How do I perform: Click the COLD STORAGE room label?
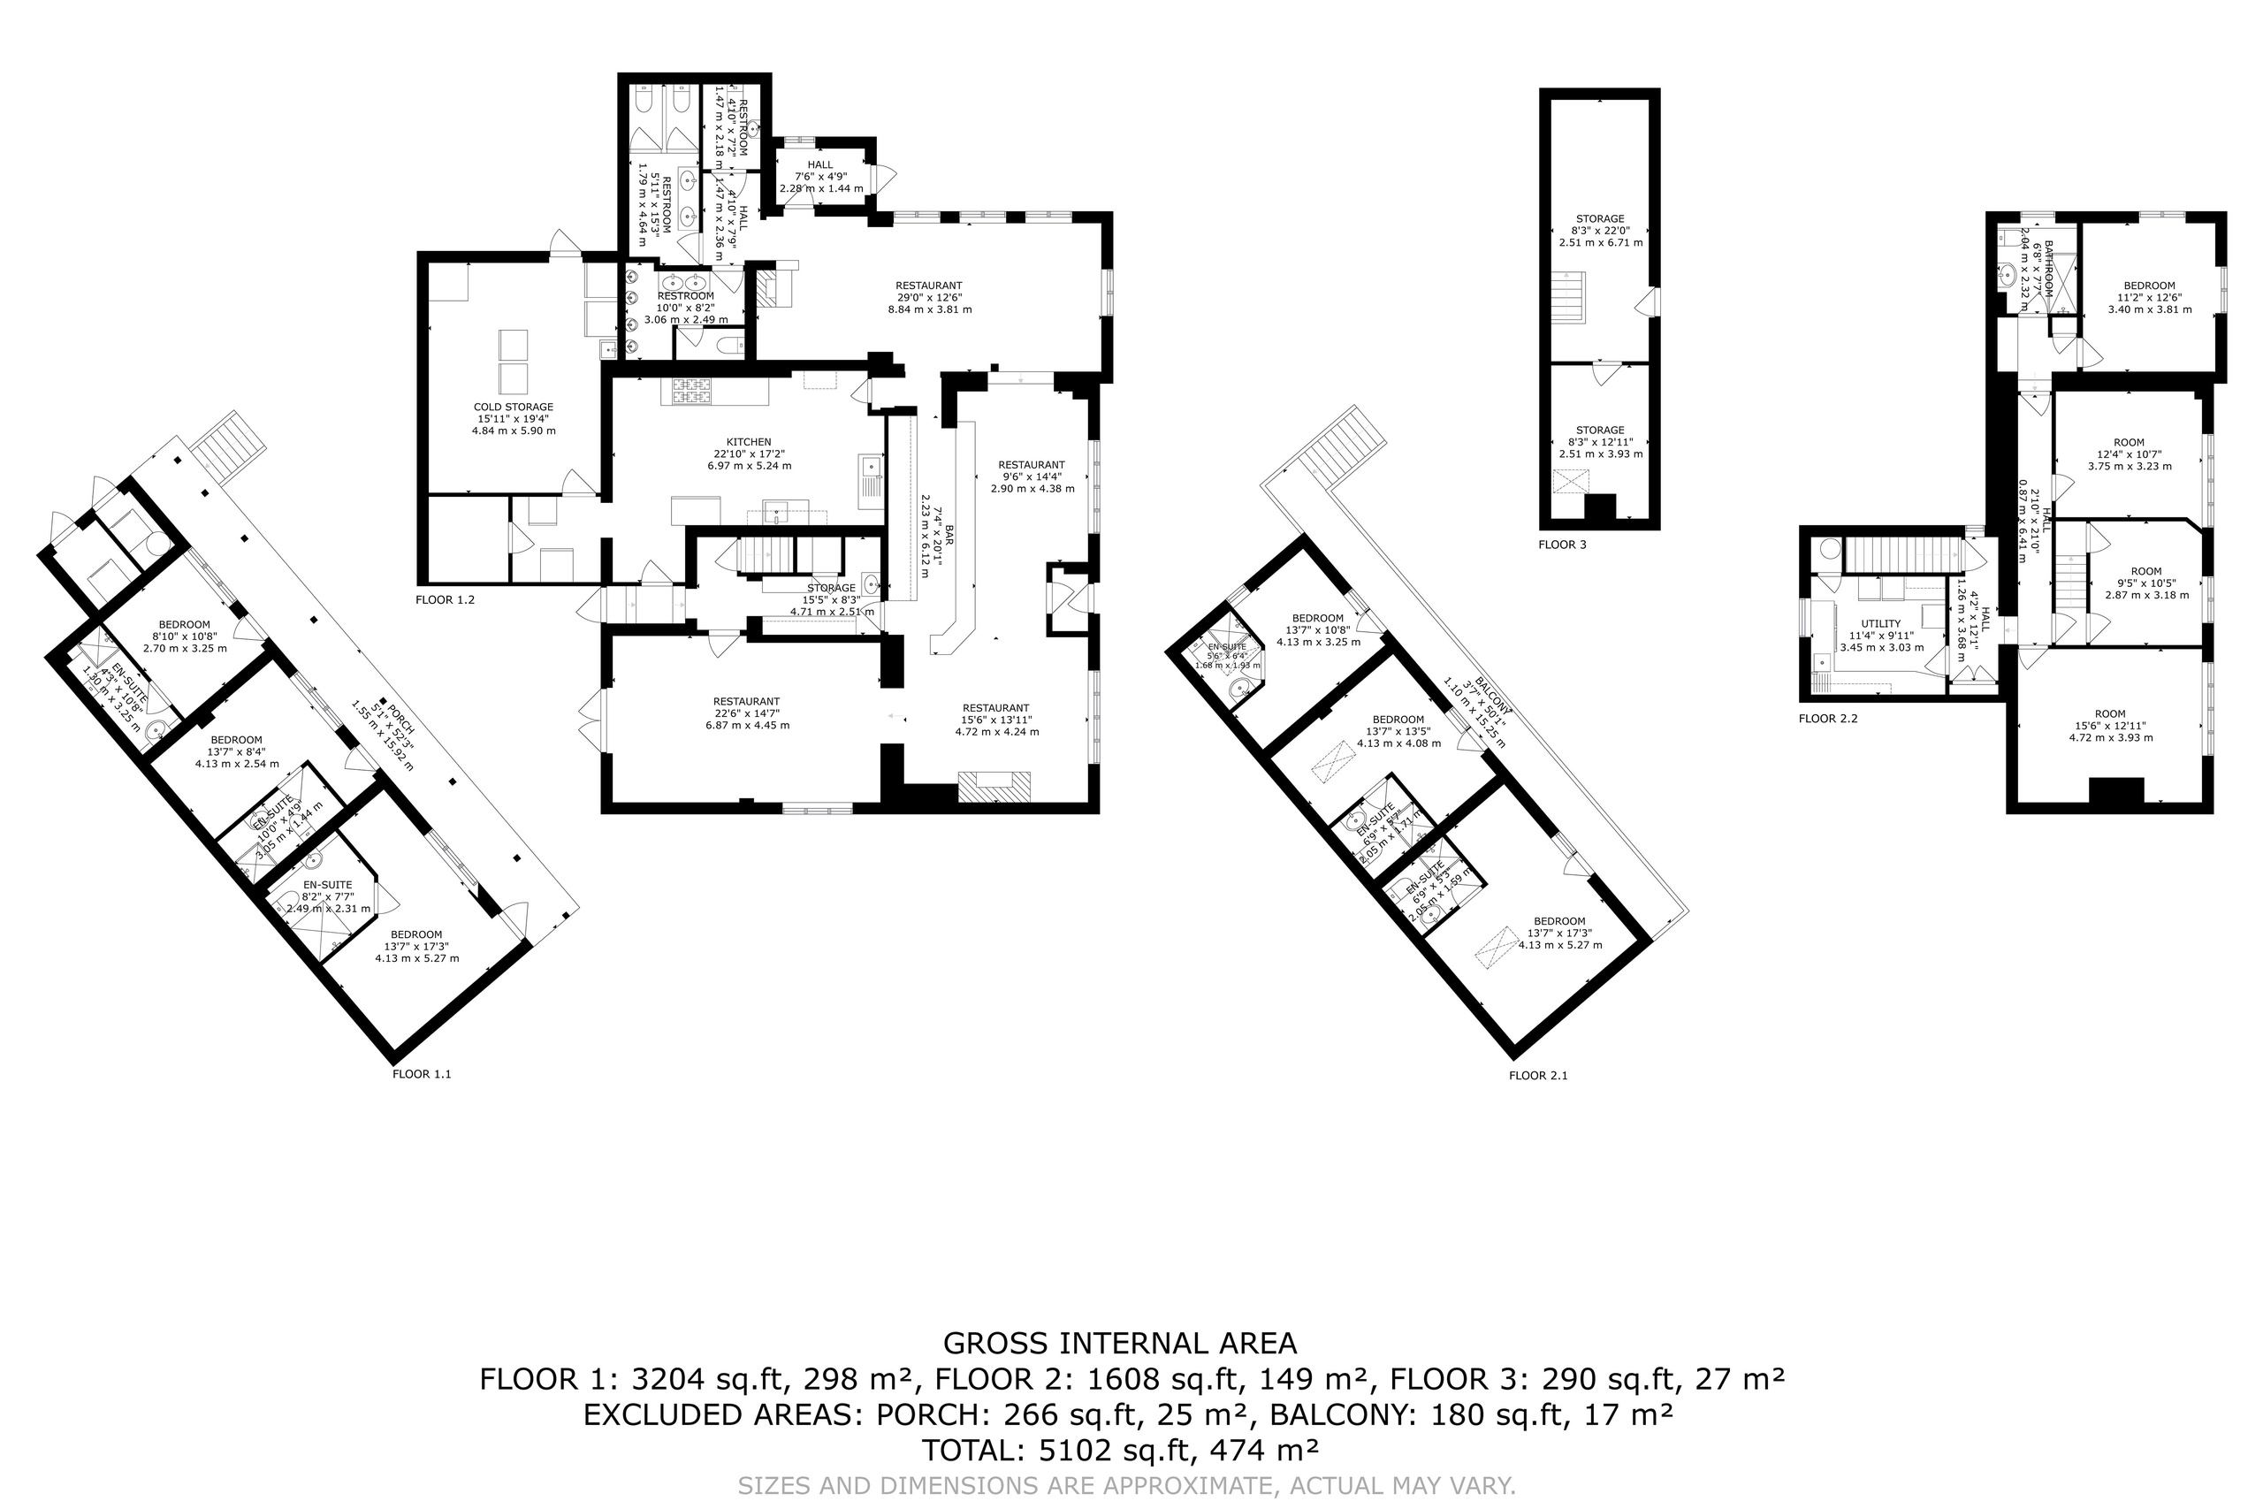[513, 407]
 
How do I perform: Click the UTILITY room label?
[1881, 623]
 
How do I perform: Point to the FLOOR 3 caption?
[1563, 545]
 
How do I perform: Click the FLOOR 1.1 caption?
[422, 1074]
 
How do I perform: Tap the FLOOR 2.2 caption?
[1828, 718]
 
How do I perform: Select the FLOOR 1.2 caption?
[445, 599]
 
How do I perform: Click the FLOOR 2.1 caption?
[1538, 1076]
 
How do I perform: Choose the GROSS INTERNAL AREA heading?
[1120, 1344]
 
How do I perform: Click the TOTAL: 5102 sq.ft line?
[1120, 1450]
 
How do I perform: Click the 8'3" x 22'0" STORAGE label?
[1600, 218]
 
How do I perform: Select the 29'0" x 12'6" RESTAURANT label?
[928, 285]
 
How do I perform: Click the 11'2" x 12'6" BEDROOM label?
[2150, 285]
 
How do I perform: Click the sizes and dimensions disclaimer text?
[1127, 1486]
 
